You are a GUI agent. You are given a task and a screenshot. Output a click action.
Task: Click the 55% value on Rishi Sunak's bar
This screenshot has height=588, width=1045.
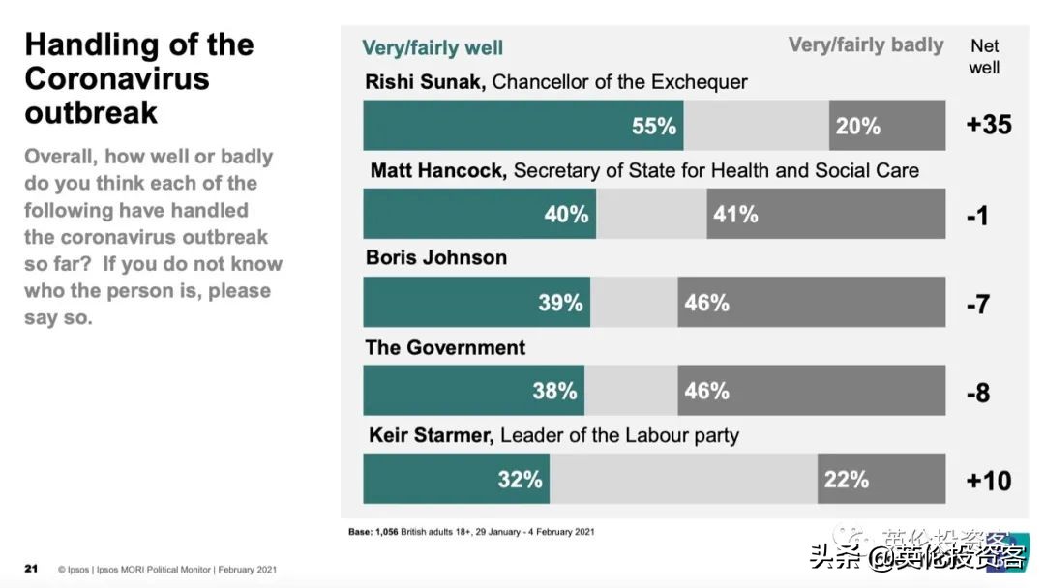click(x=654, y=126)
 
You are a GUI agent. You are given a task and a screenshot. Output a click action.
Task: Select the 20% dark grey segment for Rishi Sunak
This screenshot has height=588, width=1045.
click(x=886, y=126)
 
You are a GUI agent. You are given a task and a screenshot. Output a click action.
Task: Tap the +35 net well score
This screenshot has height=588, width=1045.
click(x=989, y=125)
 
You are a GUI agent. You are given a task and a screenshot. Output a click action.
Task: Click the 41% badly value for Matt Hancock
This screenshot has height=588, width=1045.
click(x=735, y=214)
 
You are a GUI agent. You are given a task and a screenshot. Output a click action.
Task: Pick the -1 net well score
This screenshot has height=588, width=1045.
click(x=977, y=216)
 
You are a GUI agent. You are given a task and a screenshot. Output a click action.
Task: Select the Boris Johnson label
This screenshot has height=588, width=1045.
click(x=436, y=258)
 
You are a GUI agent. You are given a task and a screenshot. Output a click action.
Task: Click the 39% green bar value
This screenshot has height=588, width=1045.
click(x=560, y=303)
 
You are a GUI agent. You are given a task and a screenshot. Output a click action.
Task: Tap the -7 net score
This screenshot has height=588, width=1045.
click(x=977, y=304)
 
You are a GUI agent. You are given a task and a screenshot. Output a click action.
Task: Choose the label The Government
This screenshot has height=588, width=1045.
click(x=445, y=347)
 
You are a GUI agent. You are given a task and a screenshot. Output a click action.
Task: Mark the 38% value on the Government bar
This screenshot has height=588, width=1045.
click(x=554, y=391)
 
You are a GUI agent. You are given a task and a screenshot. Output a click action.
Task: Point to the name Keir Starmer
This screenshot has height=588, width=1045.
click(x=431, y=435)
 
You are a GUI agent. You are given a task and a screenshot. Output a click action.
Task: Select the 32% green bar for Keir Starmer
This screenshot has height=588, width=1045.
click(x=456, y=480)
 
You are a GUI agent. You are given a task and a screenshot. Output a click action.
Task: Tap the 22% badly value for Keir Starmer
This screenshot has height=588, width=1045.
click(x=846, y=479)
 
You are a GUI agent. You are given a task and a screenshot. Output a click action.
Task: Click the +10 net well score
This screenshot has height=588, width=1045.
click(x=989, y=481)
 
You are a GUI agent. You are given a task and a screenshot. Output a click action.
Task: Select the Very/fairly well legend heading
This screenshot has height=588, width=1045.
click(x=433, y=47)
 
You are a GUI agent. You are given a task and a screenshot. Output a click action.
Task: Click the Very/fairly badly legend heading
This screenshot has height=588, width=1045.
click(x=866, y=44)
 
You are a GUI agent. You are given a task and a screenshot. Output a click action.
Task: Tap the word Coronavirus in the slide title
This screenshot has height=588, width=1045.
click(x=117, y=78)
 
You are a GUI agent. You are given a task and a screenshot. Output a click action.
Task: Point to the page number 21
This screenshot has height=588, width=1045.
click(x=31, y=569)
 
